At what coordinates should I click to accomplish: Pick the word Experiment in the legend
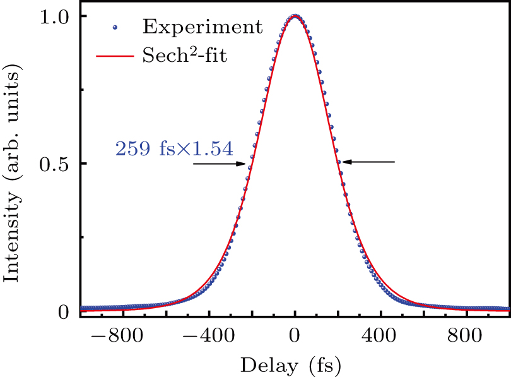tap(202, 27)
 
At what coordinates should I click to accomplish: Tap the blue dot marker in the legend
tap(115, 27)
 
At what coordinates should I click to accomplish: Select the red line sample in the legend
tap(115, 57)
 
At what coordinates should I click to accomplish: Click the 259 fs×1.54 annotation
tap(174, 148)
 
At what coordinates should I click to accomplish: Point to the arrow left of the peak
tap(219, 164)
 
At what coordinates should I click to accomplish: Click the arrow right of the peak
tap(368, 162)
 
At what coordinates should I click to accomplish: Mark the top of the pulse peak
tap(295, 16)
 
